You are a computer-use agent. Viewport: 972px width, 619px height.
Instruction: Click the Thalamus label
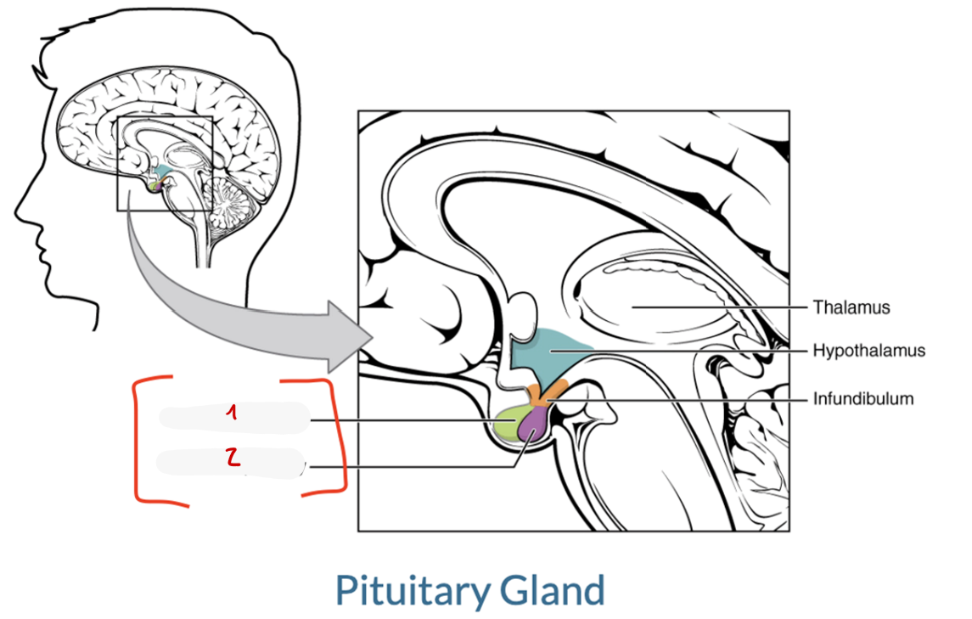851,307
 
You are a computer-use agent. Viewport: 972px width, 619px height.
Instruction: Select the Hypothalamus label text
869,351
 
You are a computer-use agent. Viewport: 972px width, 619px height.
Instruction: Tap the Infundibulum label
862,398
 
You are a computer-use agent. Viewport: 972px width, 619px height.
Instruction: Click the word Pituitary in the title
413,590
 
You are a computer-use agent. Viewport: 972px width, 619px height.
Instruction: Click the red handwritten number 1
232,412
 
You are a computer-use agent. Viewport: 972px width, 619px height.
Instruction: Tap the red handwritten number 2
233,457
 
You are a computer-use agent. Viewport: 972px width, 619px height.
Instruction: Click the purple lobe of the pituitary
532,425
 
